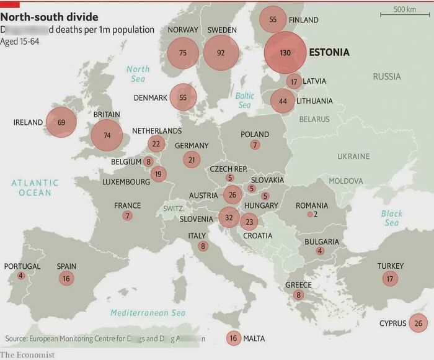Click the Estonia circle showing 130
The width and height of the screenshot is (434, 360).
(x=285, y=53)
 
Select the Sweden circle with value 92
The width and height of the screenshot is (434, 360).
(x=221, y=53)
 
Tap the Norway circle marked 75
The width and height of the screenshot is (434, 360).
(x=182, y=53)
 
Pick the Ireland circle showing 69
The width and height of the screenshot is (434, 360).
(x=61, y=122)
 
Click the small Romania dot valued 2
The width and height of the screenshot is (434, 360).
(x=309, y=214)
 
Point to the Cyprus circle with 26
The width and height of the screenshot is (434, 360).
(x=418, y=323)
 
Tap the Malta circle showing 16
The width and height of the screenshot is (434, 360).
(x=233, y=338)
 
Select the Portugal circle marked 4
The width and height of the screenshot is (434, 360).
(x=20, y=276)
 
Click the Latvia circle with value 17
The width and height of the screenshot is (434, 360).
(x=294, y=81)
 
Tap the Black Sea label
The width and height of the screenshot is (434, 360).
(x=391, y=218)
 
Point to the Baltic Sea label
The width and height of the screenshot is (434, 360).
(x=245, y=101)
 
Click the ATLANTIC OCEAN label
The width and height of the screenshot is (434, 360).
(x=35, y=187)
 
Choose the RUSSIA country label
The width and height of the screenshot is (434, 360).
(x=387, y=76)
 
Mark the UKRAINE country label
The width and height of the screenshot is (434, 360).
(x=353, y=156)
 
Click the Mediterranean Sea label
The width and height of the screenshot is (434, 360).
(x=148, y=313)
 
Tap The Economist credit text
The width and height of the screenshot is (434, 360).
(x=27, y=354)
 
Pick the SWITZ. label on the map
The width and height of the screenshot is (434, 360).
(x=174, y=209)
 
